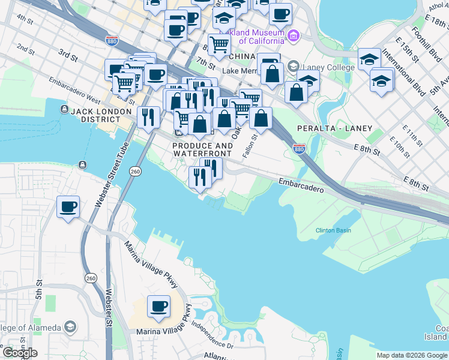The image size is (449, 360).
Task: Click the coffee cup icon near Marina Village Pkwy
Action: [159, 307]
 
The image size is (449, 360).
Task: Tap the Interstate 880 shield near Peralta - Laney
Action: [299, 148]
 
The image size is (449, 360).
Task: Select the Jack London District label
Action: [100, 112]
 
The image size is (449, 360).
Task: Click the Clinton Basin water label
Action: [333, 230]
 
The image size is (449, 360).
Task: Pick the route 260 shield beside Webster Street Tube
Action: [135, 172]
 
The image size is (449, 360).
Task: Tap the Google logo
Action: [19, 353]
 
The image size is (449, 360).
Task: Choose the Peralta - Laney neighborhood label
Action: [334, 128]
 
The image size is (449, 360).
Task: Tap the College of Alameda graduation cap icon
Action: [70, 327]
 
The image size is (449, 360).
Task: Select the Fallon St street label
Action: [250, 146]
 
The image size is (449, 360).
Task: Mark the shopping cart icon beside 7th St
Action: [220, 43]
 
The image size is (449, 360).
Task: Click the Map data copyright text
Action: [412, 355]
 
